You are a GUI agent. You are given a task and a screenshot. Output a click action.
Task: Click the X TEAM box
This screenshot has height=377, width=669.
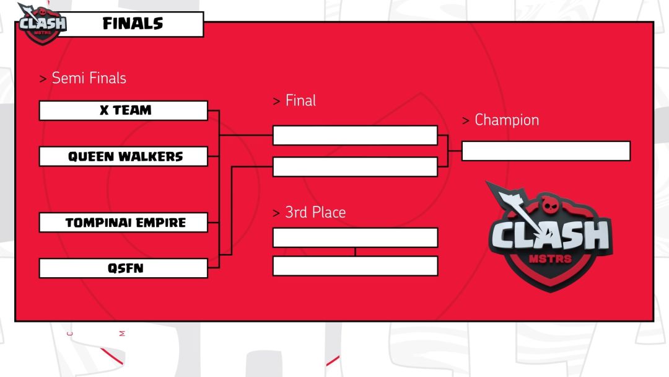click(123, 110)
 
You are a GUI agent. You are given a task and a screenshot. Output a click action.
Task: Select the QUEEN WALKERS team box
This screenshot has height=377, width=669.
click(123, 156)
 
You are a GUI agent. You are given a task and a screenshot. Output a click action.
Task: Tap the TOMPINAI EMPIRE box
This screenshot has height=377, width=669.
click(123, 222)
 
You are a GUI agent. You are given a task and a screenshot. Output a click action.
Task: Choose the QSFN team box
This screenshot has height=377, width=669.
click(123, 268)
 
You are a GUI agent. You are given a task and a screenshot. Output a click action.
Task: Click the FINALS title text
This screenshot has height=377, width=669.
click(133, 24)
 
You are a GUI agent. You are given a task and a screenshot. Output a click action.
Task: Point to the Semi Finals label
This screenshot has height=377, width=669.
click(89, 78)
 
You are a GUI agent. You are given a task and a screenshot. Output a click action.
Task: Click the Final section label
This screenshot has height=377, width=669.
click(300, 100)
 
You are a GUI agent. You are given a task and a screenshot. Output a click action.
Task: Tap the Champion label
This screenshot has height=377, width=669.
click(506, 120)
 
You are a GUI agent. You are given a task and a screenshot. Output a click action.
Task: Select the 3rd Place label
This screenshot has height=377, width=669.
click(315, 212)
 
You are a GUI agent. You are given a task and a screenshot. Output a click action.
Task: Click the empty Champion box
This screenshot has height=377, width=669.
click(546, 151)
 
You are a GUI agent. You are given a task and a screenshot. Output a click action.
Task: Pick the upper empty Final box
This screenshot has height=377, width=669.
click(355, 135)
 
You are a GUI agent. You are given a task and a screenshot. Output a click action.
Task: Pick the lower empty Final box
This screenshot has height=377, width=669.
click(355, 166)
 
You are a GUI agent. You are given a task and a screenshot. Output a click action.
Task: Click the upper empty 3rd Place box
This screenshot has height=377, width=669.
click(355, 237)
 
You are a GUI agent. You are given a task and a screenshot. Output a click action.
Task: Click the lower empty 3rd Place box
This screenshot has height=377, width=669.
click(355, 265)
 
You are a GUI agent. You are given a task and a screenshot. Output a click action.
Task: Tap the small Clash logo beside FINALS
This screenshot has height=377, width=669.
click(41, 24)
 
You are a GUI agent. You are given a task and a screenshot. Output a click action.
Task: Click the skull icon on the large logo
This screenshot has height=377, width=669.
click(550, 205)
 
